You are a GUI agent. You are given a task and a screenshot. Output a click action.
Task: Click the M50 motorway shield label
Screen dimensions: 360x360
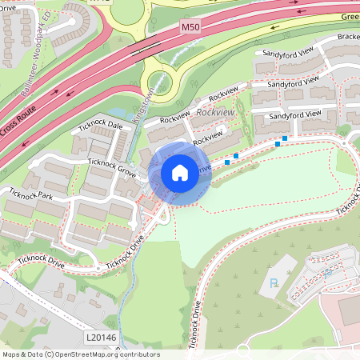pyautogui.click(x=190, y=28)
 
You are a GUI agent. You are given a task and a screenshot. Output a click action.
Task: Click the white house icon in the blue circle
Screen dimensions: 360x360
pyautogui.click(x=179, y=173)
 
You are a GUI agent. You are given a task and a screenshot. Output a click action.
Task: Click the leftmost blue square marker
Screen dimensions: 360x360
pyautogui.click(x=227, y=162)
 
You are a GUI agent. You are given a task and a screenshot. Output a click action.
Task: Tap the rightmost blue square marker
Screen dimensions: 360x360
pyautogui.click(x=285, y=138)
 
